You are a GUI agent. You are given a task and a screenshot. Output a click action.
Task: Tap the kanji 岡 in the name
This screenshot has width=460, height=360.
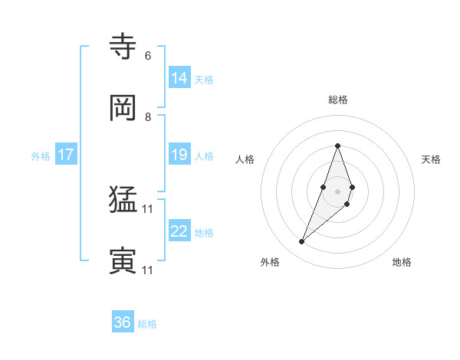(x=123, y=108)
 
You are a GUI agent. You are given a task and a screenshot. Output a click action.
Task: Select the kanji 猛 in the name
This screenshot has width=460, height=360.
(x=123, y=201)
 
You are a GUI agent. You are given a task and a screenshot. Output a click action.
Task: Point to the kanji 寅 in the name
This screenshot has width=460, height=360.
(x=123, y=261)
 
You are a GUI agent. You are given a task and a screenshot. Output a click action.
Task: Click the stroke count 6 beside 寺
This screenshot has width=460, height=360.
(x=147, y=56)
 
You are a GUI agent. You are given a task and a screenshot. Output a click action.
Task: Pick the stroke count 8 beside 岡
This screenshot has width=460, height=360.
(x=147, y=117)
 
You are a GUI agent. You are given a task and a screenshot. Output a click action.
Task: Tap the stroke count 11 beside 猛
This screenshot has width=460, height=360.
(x=148, y=208)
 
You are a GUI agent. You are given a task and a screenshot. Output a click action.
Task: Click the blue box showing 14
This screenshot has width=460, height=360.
(x=179, y=78)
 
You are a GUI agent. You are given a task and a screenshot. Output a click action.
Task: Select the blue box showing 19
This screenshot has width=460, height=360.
(x=179, y=155)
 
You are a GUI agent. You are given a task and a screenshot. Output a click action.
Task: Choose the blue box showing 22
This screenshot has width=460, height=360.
(x=179, y=231)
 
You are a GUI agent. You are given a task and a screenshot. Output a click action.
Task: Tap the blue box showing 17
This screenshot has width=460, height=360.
(x=66, y=155)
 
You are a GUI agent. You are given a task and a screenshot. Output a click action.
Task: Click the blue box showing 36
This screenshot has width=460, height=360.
(x=123, y=322)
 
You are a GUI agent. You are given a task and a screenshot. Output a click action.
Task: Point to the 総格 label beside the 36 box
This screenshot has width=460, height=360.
(x=147, y=324)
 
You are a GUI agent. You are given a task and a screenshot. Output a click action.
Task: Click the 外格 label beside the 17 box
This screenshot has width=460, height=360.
(x=41, y=156)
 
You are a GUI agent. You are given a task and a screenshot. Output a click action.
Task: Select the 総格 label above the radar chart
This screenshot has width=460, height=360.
(x=337, y=100)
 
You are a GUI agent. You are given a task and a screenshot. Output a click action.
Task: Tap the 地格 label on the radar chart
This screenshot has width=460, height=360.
(x=402, y=263)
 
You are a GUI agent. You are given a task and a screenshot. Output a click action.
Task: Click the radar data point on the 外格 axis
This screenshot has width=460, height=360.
(x=301, y=242)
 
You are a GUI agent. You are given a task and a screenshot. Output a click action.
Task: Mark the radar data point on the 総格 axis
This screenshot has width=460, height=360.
(x=337, y=146)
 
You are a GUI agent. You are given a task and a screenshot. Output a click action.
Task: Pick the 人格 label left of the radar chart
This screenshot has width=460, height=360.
(x=245, y=159)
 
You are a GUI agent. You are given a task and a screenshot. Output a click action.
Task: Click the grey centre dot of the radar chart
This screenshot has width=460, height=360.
(x=337, y=191)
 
